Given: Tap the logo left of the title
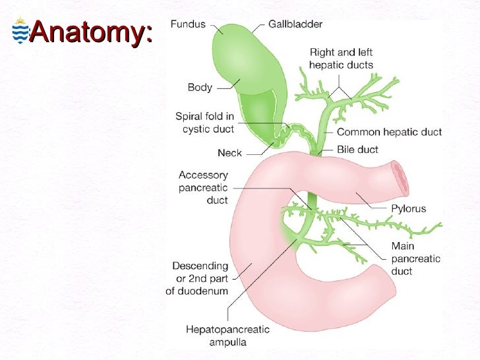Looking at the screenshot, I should coord(20,32).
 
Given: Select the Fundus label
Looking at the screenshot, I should coord(188,24).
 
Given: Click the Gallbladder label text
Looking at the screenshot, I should coord(295,24).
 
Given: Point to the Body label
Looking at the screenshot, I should coord(200,86).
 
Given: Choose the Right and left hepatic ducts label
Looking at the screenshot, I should coord(341,59).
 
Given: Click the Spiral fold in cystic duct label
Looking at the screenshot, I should coord(204,122).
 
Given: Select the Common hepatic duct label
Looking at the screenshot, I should coord(389,132).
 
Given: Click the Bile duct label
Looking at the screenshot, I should coord(359,150).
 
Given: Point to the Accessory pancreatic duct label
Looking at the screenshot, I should coord(203,188).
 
